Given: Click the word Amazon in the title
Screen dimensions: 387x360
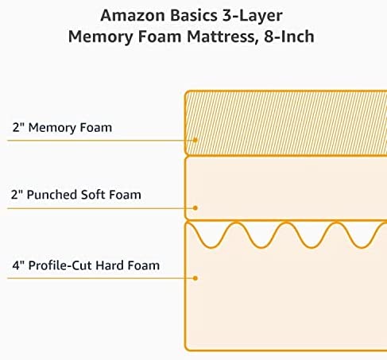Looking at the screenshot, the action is (133, 16).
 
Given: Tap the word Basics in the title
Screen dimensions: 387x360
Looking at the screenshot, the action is (194, 16).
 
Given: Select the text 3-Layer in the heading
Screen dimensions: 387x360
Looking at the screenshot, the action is (252, 16).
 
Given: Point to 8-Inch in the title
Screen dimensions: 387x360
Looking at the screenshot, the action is (289, 37).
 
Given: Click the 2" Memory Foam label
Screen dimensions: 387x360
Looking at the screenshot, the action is (62, 127).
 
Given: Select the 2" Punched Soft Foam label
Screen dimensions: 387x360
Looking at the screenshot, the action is (76, 195).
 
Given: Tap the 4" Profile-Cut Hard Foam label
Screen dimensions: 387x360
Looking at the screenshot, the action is (86, 265).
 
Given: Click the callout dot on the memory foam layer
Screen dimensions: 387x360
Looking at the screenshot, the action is (195, 140).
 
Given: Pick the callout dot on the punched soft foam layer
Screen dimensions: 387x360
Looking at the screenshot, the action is (195, 208).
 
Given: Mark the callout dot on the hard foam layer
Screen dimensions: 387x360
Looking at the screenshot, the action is (195, 278).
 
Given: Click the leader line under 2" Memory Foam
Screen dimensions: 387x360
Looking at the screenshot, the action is (100, 140).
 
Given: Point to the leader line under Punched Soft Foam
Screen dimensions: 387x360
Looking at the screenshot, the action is (100, 208).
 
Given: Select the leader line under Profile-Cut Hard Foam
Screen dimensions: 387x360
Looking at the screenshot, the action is (100, 278).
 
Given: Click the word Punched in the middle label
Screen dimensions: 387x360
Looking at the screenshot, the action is (52, 195).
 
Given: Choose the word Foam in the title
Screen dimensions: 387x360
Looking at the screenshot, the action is (160, 37).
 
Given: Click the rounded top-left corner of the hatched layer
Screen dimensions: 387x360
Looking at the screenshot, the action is (187, 93).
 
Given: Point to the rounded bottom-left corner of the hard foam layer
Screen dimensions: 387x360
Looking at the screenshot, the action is (188, 348).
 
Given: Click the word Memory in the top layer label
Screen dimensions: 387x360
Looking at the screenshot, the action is (52, 128).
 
